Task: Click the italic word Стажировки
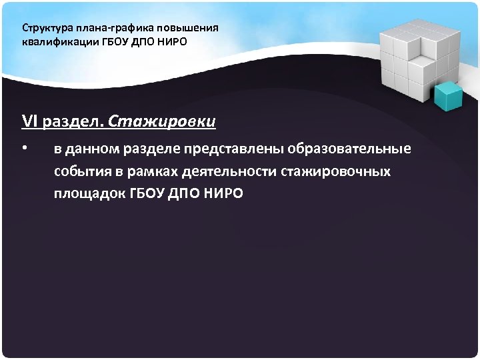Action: (162, 122)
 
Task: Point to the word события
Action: (83, 171)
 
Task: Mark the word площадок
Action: (89, 194)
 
